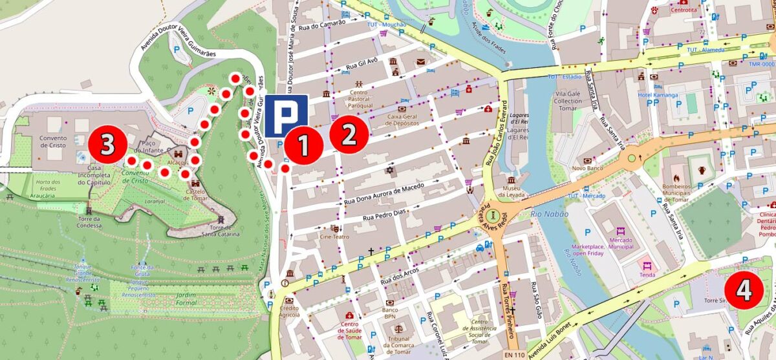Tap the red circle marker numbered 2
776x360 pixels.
click(349, 134)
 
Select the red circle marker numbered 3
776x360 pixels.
click(107, 145)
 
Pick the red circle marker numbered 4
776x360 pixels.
click(743, 290)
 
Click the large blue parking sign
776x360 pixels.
click(286, 116)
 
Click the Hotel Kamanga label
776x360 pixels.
click(658, 95)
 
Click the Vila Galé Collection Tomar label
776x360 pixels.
click(568, 101)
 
